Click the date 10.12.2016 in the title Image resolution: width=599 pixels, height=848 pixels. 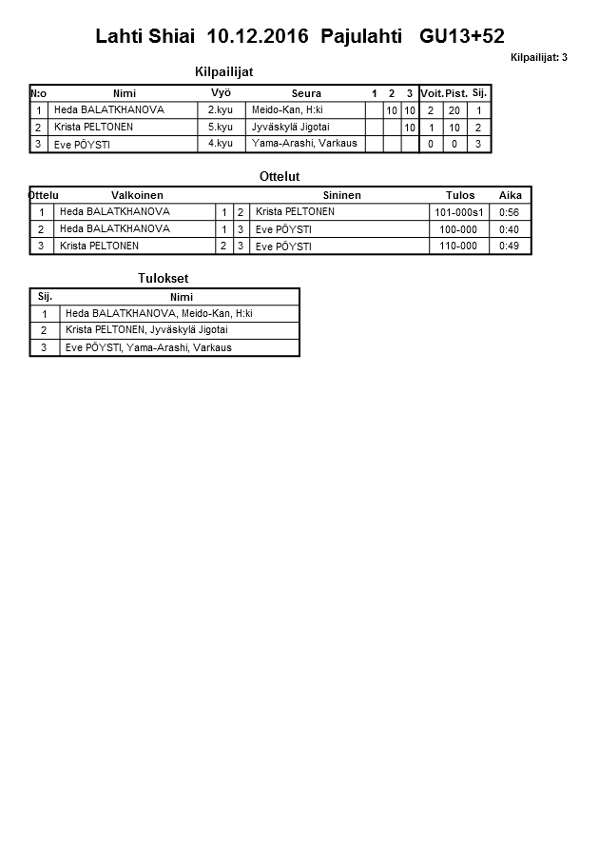pos(257,36)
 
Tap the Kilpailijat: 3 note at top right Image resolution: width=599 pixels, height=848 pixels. pos(538,58)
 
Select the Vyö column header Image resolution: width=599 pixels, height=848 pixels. pos(221,92)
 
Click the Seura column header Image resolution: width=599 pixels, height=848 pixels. pos(306,93)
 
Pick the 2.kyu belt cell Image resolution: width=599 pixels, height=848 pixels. pos(221,110)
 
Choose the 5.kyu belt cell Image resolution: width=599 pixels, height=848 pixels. pos(221,127)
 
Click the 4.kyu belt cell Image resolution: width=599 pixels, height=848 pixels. pos(221,143)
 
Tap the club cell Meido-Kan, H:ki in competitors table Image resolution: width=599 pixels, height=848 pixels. pos(287,110)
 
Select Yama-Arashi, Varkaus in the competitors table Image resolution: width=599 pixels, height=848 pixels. pos(304,143)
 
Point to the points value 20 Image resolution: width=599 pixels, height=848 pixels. pos(455,110)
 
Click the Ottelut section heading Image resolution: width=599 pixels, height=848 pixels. pos(280,177)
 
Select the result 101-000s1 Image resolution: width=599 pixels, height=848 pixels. pos(458,212)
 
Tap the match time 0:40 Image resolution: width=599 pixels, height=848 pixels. pos(510,229)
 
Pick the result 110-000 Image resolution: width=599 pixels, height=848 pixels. pos(455,246)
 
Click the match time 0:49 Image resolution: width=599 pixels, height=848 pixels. pos(510,246)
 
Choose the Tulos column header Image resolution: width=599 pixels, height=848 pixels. pos(460,195)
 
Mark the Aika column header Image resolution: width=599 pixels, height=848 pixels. pos(511,195)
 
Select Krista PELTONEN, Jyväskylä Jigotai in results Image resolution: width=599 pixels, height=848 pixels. pos(146,330)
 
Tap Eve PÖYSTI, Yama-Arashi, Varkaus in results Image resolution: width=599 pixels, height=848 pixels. pos(148,347)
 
